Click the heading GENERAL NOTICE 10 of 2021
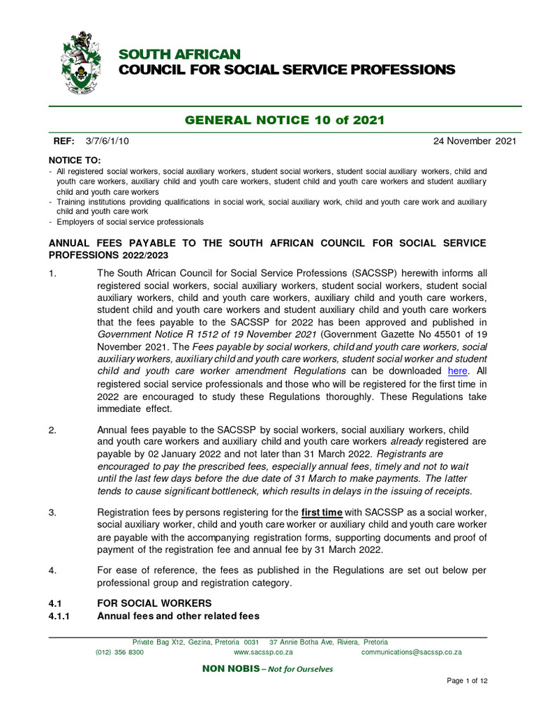click(x=284, y=120)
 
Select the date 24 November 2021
click(x=475, y=141)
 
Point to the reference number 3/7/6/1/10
click(x=107, y=141)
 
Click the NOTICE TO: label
click(x=74, y=161)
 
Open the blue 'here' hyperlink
click(x=457, y=371)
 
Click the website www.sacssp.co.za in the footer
click(x=262, y=652)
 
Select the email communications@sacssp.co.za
click(x=411, y=652)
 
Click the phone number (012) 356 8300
click(x=119, y=652)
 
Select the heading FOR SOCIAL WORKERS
click(x=154, y=603)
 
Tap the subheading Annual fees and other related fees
click(x=178, y=616)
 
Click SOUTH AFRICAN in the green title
click(x=179, y=54)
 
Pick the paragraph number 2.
click(x=52, y=429)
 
